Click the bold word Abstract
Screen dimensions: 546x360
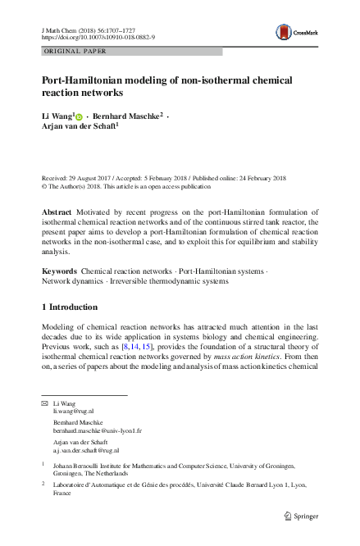(57, 212)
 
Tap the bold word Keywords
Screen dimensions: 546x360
(59, 270)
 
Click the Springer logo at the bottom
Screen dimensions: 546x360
(297, 516)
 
